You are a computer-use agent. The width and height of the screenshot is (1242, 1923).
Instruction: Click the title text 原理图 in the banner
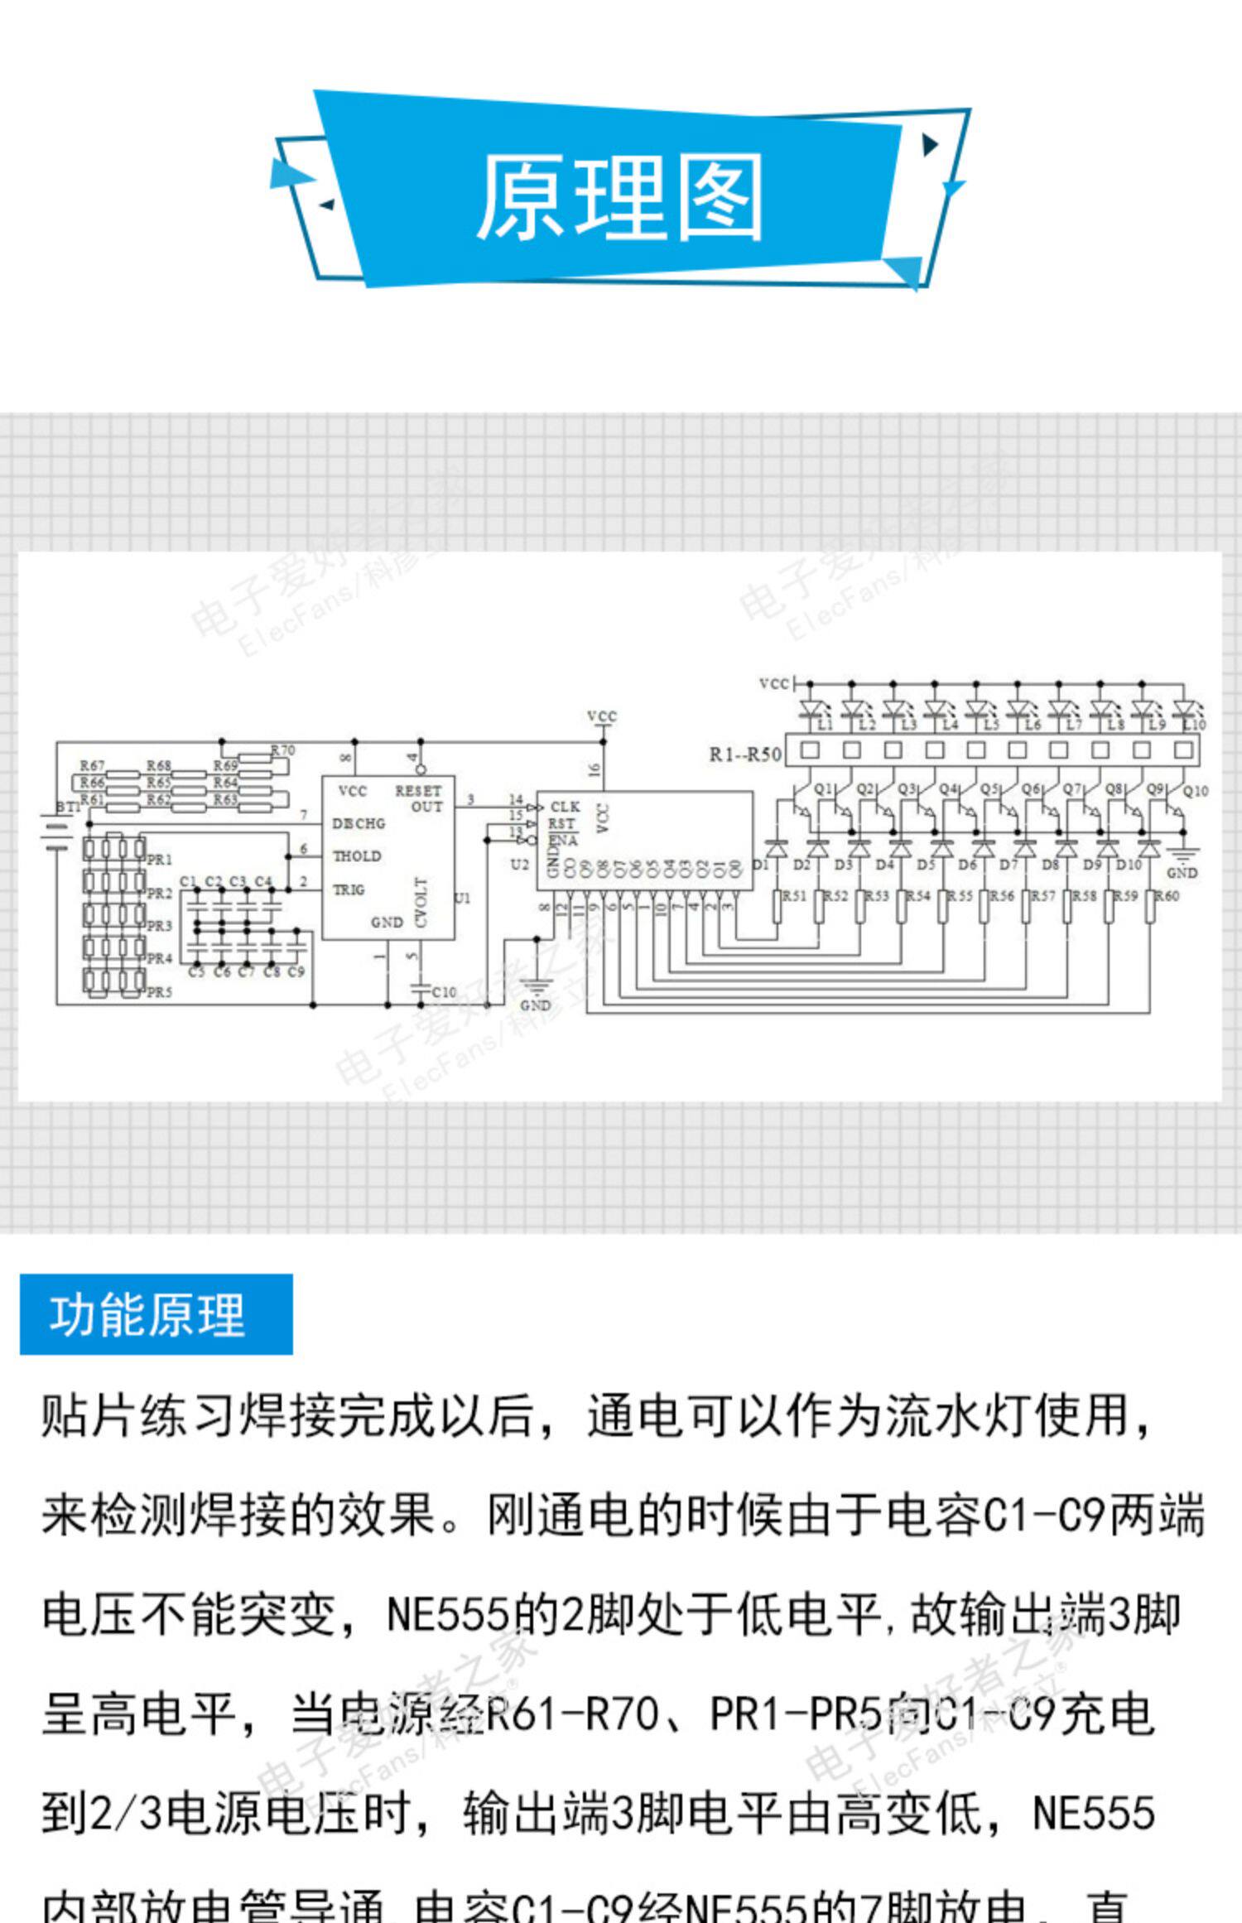pyautogui.click(x=619, y=197)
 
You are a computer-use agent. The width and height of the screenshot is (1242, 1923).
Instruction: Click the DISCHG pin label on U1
pyautogui.click(x=359, y=823)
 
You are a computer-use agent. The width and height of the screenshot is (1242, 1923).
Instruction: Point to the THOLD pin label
pyautogui.click(x=357, y=856)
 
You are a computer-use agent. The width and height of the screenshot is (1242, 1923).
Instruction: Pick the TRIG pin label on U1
pyautogui.click(x=349, y=889)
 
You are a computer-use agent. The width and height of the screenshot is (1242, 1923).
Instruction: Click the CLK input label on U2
pyautogui.click(x=565, y=807)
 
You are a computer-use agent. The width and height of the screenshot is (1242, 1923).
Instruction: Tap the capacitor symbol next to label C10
pyautogui.click(x=421, y=988)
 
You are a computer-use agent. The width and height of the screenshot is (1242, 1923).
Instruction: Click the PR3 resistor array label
pyautogui.click(x=159, y=926)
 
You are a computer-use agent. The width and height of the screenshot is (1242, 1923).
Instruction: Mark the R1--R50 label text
pyautogui.click(x=745, y=754)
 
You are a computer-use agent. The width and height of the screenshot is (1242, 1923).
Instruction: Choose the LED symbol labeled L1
pyautogui.click(x=810, y=709)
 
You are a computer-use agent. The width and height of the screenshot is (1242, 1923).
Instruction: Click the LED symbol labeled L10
pyautogui.click(x=1183, y=709)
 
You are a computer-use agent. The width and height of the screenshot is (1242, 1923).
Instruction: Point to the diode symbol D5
pyautogui.click(x=942, y=849)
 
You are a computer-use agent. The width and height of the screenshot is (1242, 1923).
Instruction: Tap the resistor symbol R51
pyautogui.click(x=777, y=905)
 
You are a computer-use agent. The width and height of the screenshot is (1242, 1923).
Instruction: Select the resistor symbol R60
pyautogui.click(x=1150, y=905)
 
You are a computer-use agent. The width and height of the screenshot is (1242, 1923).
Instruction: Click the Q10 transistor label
pyautogui.click(x=1196, y=791)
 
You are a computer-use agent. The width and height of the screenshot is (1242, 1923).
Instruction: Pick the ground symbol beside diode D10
pyautogui.click(x=1182, y=857)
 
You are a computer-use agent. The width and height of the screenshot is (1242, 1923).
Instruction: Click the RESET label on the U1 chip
pyautogui.click(x=418, y=790)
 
